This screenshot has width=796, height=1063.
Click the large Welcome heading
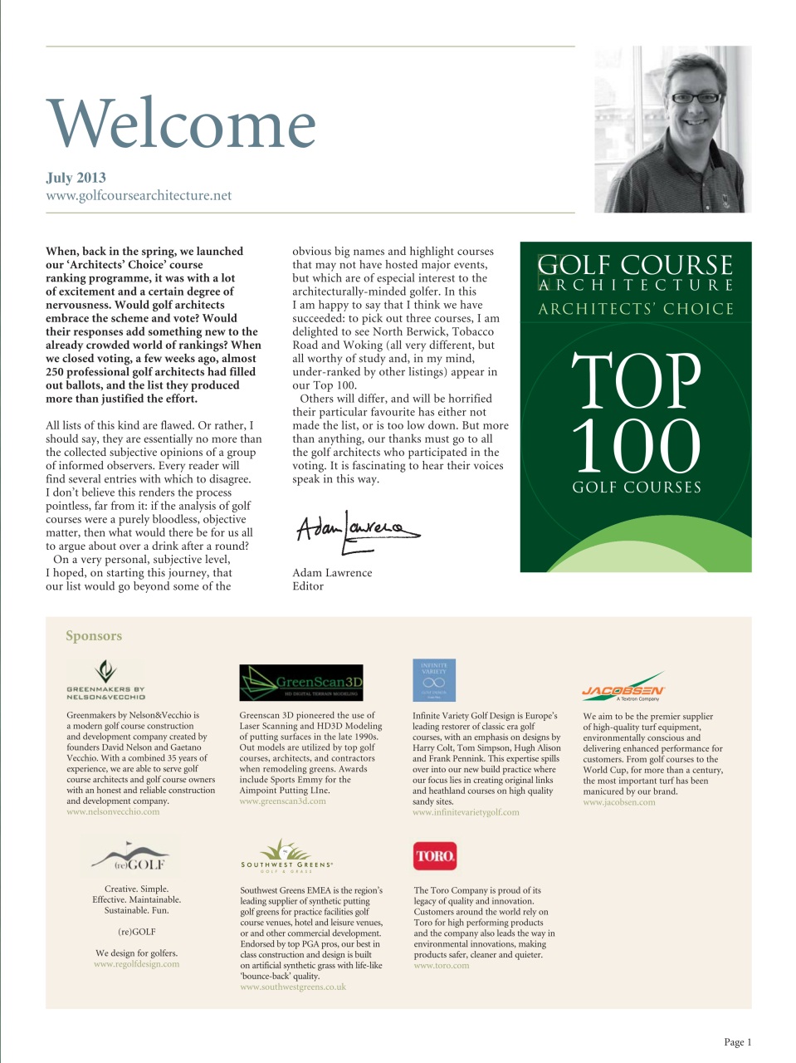pos(181,123)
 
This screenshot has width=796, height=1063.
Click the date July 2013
pos(76,177)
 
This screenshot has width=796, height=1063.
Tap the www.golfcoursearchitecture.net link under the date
pos(139,196)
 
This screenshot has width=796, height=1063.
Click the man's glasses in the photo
pos(695,97)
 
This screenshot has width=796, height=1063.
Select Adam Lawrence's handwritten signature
pos(357,528)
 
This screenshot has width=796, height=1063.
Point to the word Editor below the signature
pos(308,586)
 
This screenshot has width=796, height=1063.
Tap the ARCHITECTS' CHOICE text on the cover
pos(636,309)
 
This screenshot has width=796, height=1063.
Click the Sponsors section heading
pos(94,636)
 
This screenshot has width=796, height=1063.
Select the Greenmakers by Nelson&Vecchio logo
pos(105,679)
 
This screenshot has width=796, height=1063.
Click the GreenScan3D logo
pos(301,683)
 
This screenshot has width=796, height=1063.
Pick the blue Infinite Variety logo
pos(434,680)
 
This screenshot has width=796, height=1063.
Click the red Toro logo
pos(434,855)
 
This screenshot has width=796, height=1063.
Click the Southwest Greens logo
pos(286,855)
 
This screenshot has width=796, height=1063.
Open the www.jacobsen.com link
pos(618,802)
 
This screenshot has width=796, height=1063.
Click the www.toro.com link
pos(442,965)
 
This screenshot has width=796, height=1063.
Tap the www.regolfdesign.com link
pos(136,964)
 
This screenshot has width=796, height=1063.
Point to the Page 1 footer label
pos(737,1042)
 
